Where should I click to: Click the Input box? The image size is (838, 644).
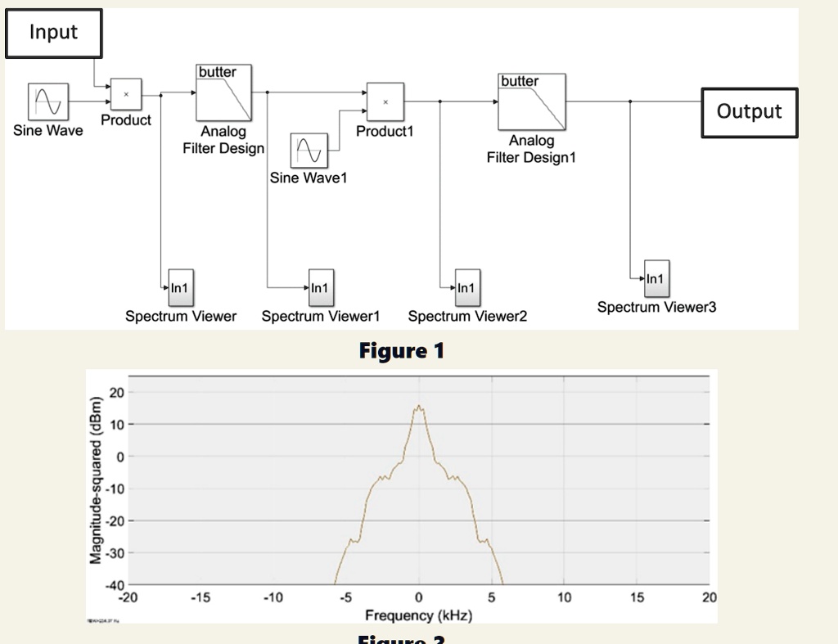(54, 33)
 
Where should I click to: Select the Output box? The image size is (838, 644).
(749, 112)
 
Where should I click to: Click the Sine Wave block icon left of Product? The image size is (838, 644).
(47, 101)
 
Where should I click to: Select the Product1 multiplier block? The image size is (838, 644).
(385, 101)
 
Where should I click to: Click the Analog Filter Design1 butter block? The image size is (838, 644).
(531, 101)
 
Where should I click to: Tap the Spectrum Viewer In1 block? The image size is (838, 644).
(178, 287)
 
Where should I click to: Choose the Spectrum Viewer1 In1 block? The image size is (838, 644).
(318, 287)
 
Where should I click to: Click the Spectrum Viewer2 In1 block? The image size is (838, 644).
(466, 287)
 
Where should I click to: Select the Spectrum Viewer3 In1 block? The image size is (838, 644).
(656, 279)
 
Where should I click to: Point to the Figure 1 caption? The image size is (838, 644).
(401, 351)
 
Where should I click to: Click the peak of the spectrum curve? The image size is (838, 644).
(419, 406)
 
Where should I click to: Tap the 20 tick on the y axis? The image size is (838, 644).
(118, 393)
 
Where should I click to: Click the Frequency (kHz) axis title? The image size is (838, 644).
(418, 615)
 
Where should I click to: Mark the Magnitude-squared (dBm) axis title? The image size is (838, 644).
(97, 479)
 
